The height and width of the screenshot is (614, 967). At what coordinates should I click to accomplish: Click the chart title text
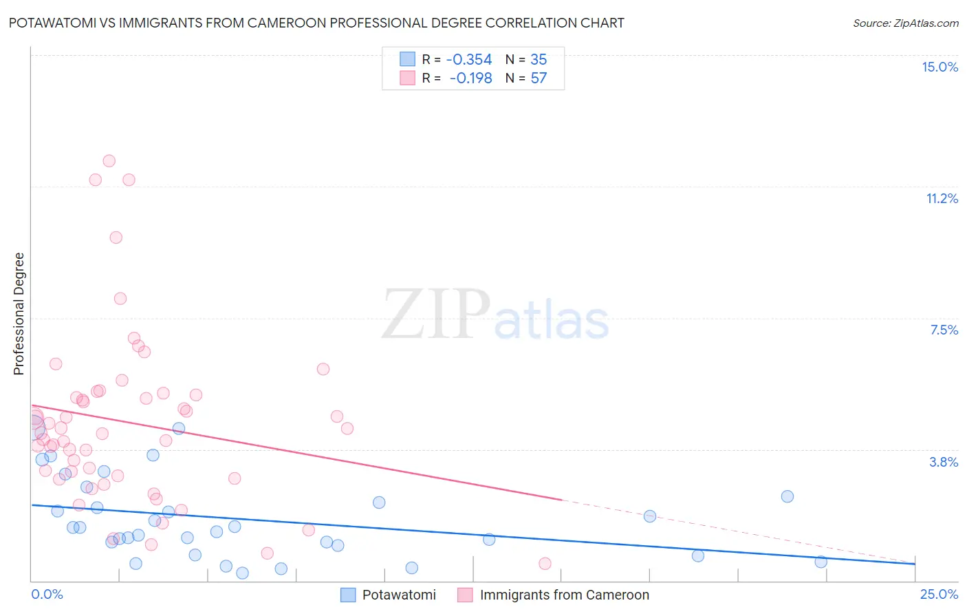(x=316, y=23)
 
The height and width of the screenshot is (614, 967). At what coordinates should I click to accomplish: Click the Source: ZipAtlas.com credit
(x=905, y=23)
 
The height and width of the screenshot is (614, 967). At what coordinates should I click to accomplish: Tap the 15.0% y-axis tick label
(x=939, y=67)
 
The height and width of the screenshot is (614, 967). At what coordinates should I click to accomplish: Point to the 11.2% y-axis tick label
(x=942, y=198)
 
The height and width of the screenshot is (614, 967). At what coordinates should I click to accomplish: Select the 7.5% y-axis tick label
(x=944, y=330)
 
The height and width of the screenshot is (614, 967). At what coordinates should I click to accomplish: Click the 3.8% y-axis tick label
(x=944, y=462)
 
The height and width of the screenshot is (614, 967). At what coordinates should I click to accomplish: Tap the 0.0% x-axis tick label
(x=47, y=594)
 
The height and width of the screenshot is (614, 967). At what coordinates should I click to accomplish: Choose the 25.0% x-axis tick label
(x=939, y=594)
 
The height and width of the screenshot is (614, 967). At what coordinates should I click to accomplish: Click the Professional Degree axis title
(x=19, y=314)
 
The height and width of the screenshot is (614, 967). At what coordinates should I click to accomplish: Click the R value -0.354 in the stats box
(x=469, y=59)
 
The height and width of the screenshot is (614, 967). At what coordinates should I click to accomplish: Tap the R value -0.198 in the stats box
(x=470, y=78)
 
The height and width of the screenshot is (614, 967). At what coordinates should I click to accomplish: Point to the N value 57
(x=539, y=78)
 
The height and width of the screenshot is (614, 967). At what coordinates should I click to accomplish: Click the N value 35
(x=539, y=59)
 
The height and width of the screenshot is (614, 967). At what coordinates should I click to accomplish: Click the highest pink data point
(x=109, y=161)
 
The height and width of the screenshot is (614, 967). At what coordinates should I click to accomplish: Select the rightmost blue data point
(x=821, y=562)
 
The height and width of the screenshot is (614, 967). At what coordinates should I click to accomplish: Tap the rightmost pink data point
(x=545, y=564)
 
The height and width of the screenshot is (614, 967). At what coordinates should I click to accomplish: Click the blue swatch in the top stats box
(x=408, y=59)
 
